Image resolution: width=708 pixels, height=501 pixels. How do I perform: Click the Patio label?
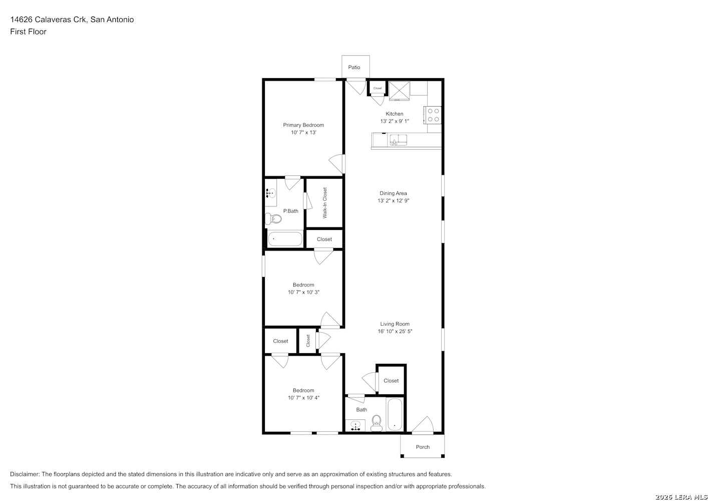click(x=354, y=67)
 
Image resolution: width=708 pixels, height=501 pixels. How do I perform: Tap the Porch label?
click(x=423, y=447)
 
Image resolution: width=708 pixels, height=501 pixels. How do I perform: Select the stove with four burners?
click(x=433, y=115)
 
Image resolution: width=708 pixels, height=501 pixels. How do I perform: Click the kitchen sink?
click(x=398, y=139)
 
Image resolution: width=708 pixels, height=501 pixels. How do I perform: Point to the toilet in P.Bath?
click(x=273, y=218)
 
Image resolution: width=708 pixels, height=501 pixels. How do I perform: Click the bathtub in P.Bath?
click(x=285, y=239)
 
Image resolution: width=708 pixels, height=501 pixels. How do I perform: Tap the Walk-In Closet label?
click(x=324, y=203)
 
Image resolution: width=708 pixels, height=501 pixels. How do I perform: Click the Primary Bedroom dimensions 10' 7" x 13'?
click(x=303, y=133)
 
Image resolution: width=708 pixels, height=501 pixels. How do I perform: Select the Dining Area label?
click(x=393, y=193)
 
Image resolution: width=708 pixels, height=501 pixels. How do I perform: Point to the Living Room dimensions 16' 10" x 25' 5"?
click(x=395, y=331)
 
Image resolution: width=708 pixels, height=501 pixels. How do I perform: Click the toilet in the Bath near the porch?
click(x=376, y=423)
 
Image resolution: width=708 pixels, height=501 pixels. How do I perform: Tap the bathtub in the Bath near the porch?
click(x=395, y=414)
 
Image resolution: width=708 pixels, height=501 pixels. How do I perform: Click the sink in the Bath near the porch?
click(x=356, y=425)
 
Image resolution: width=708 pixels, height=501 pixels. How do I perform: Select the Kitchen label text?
click(x=395, y=114)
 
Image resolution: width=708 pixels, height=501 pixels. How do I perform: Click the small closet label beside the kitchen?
click(x=378, y=88)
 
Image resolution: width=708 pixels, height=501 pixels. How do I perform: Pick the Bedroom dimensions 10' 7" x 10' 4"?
click(x=303, y=398)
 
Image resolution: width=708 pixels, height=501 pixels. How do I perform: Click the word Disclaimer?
click(x=25, y=474)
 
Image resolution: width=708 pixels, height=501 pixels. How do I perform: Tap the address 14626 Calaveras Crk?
click(x=48, y=20)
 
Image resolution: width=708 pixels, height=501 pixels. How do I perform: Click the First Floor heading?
click(x=28, y=32)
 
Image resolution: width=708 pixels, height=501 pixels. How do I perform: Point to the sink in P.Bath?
click(x=270, y=192)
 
